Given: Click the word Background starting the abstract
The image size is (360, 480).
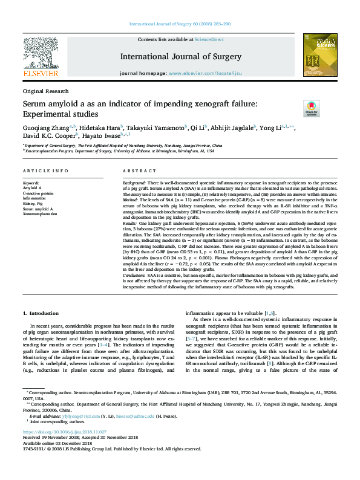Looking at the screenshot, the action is (x=134, y=183).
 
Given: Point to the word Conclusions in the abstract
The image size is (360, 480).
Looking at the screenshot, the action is (x=136, y=274).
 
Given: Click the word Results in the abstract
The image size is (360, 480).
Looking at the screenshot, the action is (x=131, y=223).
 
